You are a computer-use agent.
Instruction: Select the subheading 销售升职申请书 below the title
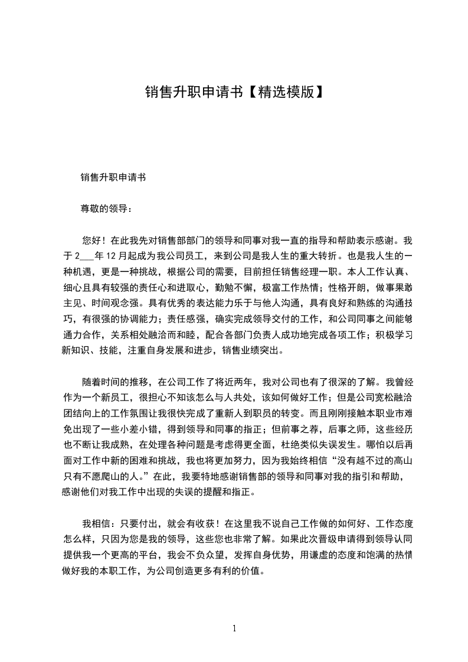point(113,176)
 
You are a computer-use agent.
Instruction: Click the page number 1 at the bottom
point(234,628)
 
